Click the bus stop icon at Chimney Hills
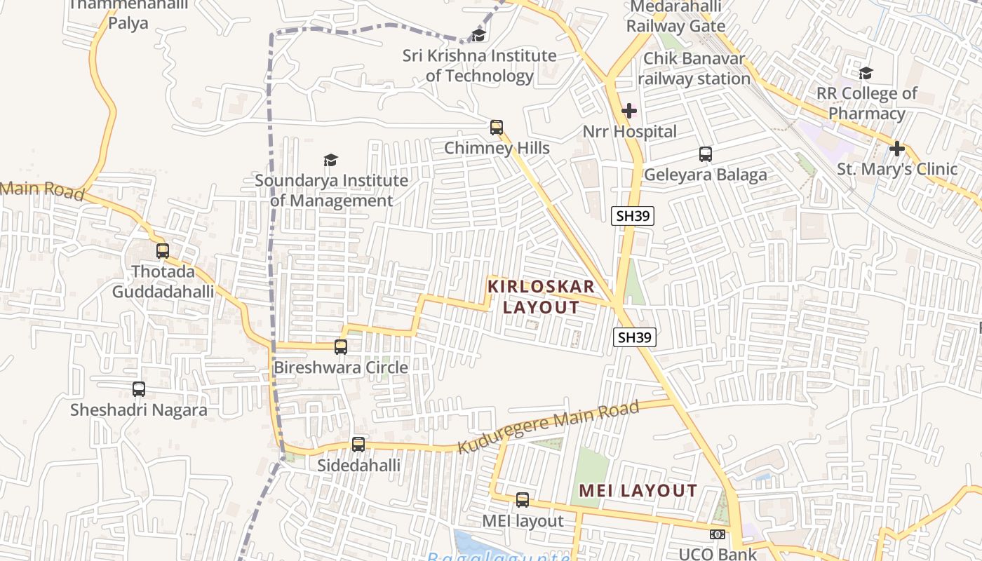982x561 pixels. click(497, 127)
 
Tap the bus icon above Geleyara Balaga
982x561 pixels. click(706, 154)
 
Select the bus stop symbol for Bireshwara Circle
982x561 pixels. click(341, 346)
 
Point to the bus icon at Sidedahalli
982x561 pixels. click(358, 444)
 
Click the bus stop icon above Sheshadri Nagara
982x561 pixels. click(139, 388)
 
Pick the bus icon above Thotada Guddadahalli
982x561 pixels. click(163, 250)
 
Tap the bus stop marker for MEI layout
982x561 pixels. click(523, 500)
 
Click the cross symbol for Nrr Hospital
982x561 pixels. click(629, 111)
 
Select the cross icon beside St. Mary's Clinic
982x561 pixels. click(897, 149)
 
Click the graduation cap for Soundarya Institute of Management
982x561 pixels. click(330, 160)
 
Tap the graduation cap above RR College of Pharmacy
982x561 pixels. click(866, 73)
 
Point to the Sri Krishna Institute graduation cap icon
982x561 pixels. click(479, 35)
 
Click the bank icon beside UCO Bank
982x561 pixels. click(718, 534)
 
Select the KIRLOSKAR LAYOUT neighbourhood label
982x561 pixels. click(542, 297)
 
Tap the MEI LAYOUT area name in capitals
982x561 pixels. click(638, 491)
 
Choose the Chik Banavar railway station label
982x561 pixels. click(694, 69)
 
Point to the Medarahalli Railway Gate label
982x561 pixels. click(675, 17)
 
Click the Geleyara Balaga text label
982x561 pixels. click(706, 175)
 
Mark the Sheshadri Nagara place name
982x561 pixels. click(139, 410)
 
